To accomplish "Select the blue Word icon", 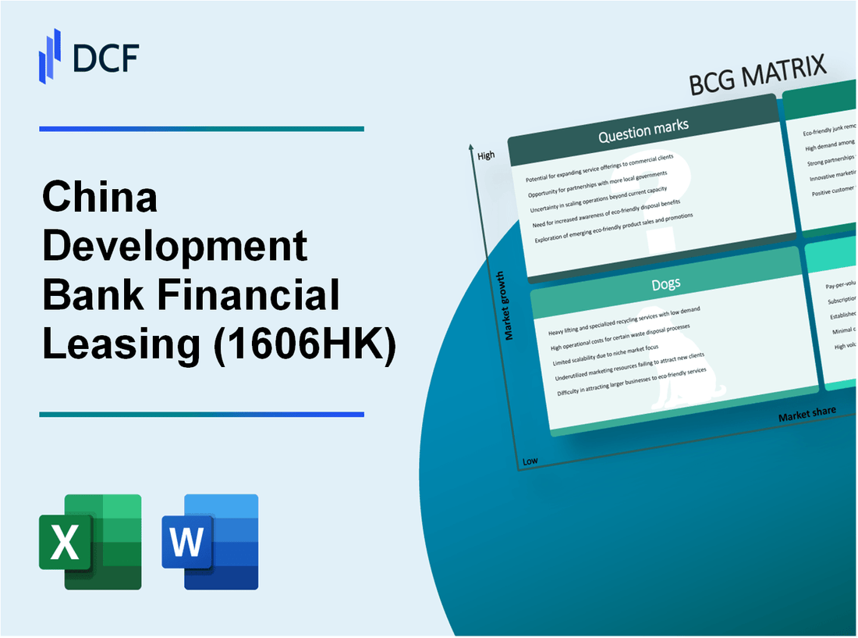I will [210, 541].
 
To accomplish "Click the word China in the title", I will [100, 198].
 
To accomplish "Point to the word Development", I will [175, 247].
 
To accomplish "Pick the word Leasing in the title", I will [121, 344].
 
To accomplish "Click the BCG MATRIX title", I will [757, 77].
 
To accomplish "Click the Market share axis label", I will [807, 413].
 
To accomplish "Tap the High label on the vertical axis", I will [486, 155].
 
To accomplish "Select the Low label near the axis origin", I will [530, 461].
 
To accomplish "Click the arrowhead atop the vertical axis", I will [472, 147].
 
